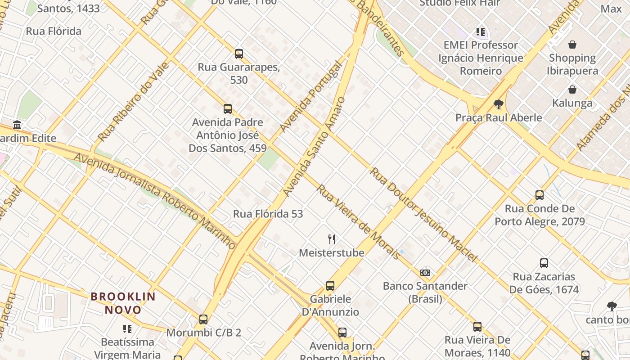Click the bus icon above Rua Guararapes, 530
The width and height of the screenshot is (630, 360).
point(239,54)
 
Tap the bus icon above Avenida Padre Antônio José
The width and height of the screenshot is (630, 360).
point(228,108)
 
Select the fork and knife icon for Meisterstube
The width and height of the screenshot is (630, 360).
point(332,239)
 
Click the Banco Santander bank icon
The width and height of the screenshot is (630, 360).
point(425,272)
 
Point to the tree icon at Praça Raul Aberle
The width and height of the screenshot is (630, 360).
point(498,104)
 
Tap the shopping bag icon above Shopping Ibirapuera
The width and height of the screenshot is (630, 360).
point(572,45)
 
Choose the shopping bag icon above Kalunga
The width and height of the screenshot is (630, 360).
point(572,90)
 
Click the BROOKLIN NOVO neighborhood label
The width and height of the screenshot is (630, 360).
point(123,303)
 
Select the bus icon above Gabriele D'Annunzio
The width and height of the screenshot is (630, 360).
point(330,285)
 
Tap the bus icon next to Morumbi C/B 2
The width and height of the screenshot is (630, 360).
point(203,319)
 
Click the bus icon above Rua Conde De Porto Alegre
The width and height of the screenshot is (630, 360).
point(540,195)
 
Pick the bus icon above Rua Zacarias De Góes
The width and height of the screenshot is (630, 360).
point(544,263)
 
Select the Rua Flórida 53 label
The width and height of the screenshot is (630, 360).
point(268,214)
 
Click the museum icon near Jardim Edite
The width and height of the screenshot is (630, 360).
point(17,125)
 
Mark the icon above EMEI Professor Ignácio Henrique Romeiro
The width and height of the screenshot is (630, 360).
point(481,32)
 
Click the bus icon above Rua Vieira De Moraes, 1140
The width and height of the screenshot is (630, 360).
point(477,326)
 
